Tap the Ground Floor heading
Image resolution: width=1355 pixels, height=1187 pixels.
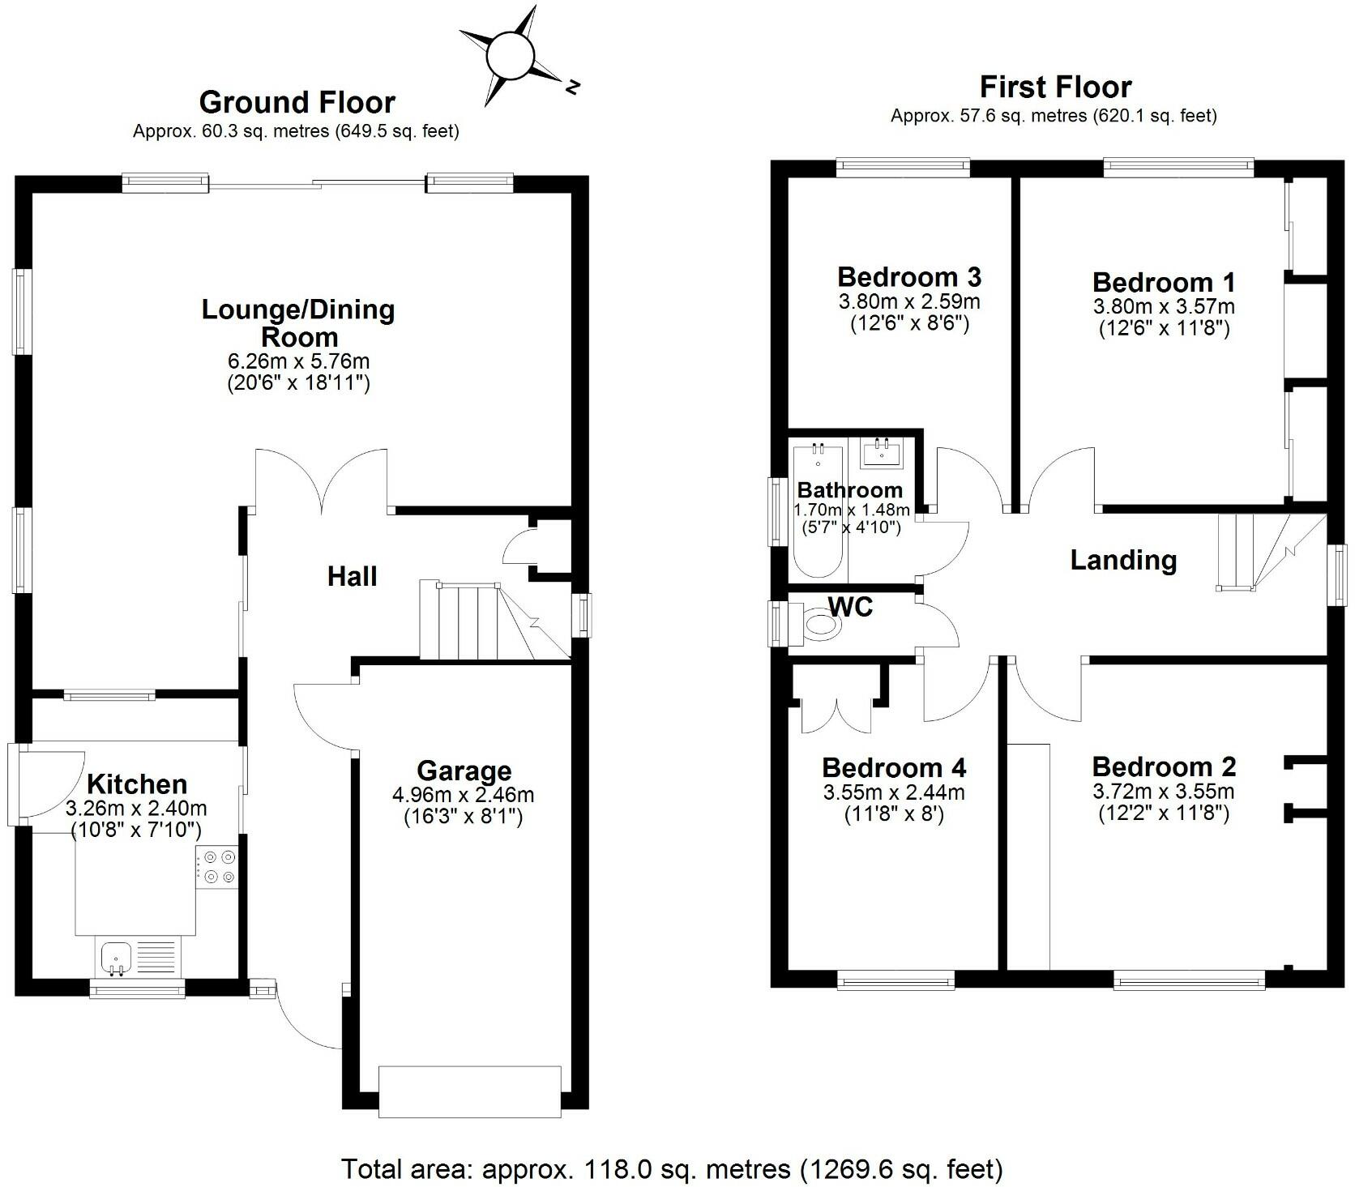click(297, 103)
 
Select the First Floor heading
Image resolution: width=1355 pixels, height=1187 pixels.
click(1055, 87)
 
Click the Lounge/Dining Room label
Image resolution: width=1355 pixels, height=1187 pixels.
click(298, 322)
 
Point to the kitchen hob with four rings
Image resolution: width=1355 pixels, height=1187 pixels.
click(217, 865)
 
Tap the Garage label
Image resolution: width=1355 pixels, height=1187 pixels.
click(464, 771)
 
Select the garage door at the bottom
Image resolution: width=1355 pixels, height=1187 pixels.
click(470, 1091)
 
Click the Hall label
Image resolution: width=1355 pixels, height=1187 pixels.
click(353, 576)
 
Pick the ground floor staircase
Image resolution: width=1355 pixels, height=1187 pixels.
click(470, 621)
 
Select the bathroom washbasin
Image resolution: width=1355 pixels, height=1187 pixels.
click(881, 453)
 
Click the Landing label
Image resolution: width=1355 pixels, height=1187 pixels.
click(1123, 560)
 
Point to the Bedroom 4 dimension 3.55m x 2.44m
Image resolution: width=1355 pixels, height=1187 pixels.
click(894, 792)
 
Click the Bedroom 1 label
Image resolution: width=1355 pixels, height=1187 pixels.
click(1164, 283)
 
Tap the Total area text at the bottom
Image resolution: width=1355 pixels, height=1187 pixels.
click(672, 1169)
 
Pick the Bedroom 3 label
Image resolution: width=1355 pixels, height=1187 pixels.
click(909, 277)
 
